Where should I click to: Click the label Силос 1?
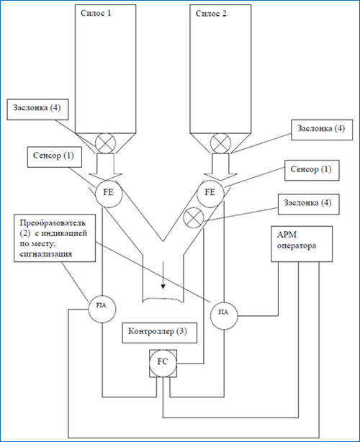(96, 13)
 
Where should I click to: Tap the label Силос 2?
(211, 14)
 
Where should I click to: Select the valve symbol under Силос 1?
(105, 143)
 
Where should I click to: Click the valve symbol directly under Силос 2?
(221, 143)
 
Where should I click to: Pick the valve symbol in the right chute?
(193, 217)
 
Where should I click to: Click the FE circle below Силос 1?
(109, 193)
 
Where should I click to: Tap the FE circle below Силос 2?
(210, 193)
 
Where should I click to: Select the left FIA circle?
(102, 309)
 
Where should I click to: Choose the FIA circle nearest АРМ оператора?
(224, 316)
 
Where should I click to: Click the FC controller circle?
(163, 363)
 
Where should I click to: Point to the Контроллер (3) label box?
(160, 333)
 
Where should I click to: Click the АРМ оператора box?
(302, 244)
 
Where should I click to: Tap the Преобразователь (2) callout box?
(55, 238)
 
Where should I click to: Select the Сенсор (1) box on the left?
(55, 157)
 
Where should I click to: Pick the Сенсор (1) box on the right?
(312, 171)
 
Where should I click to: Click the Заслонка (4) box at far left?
(37, 109)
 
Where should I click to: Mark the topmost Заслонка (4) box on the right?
(322, 130)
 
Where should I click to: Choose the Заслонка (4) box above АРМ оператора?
(309, 204)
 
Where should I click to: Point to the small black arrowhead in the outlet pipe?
(163, 287)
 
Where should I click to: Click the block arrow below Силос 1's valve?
(105, 167)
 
